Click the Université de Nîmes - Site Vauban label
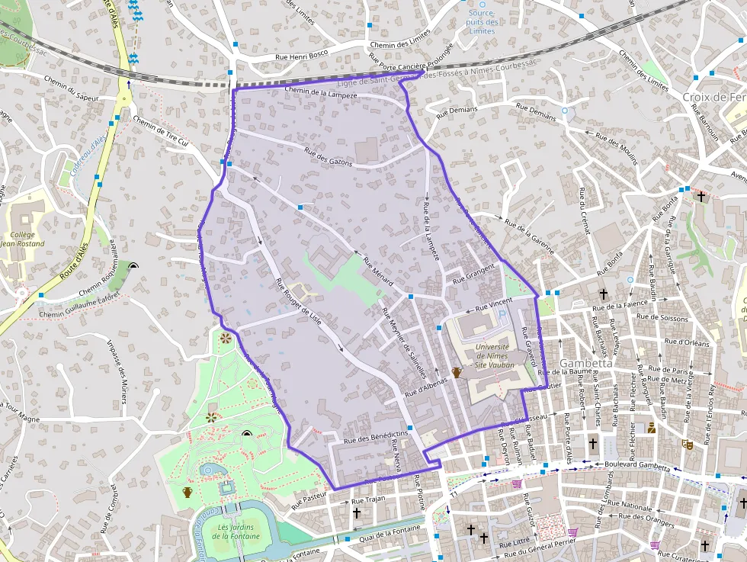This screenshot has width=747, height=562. pos(492,355)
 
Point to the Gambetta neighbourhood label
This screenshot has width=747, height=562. pos(586,364)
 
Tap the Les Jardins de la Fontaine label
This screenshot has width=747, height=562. pos(236,531)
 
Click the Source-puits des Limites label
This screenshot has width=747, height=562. pos(483,22)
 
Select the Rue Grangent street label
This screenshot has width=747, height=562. pos(474,275)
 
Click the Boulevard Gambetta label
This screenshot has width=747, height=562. pos(638,464)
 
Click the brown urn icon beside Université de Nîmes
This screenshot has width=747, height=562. pos(457,373)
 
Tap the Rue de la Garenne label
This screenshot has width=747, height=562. pos(529,232)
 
